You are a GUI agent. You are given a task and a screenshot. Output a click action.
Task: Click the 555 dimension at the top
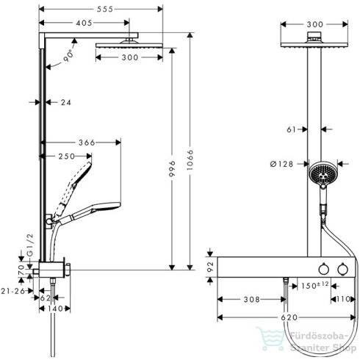coord(99,7)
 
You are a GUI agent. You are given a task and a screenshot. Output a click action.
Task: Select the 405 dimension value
coord(84,24)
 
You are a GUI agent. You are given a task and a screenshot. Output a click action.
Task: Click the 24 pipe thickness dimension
coord(65,103)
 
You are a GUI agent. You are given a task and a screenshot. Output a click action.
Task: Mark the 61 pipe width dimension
coord(291,129)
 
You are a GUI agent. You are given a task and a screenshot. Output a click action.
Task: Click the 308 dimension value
coord(250,300)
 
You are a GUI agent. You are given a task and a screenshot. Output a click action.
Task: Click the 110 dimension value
coord(342,300)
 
